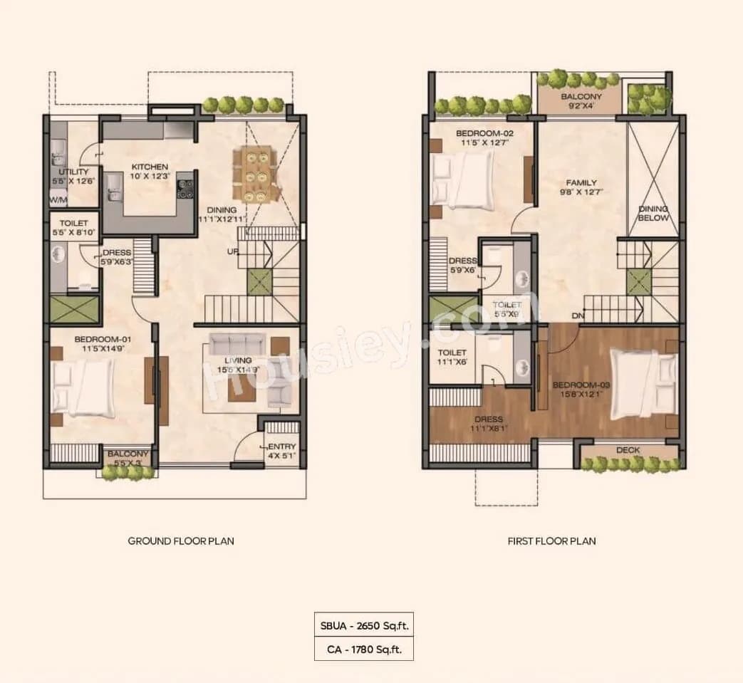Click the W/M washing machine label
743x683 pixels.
(58, 201)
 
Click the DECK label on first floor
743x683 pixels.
(628, 450)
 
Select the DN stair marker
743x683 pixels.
(577, 316)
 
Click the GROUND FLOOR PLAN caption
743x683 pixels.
(181, 541)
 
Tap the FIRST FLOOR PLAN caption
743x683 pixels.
(551, 541)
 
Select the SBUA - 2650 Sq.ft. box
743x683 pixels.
(364, 626)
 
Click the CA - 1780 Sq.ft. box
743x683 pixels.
(364, 649)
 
